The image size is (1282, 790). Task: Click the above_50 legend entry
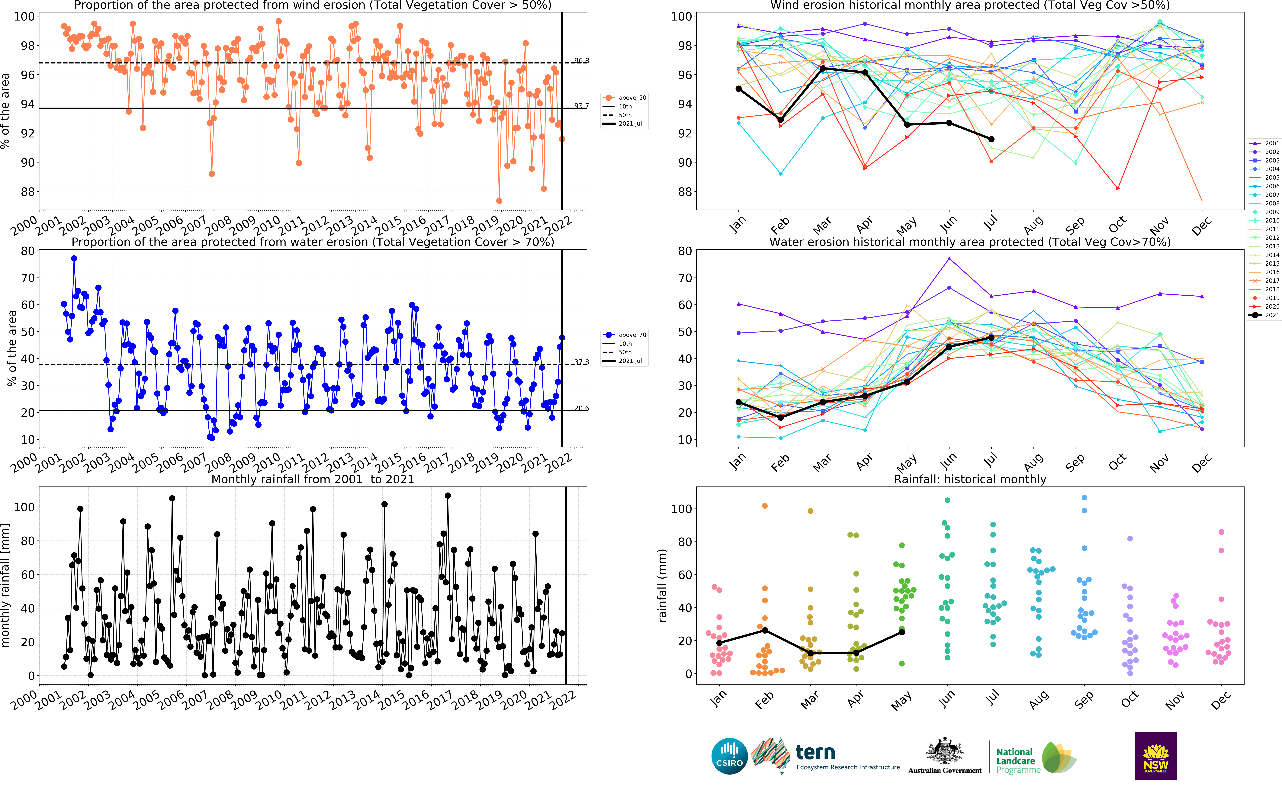pos(625,98)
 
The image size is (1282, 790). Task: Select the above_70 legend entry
pos(625,335)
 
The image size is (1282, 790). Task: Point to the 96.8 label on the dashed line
pos(581,61)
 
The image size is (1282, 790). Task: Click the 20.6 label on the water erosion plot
pos(581,408)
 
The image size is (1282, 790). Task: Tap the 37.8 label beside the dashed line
pos(581,362)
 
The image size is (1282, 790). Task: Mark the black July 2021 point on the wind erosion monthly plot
pos(991,139)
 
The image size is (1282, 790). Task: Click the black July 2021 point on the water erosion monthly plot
pos(991,338)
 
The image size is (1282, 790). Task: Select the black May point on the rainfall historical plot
pos(902,632)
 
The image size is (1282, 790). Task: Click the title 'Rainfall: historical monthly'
pos(970,479)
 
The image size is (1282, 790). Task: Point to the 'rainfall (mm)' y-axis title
pos(662,585)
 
